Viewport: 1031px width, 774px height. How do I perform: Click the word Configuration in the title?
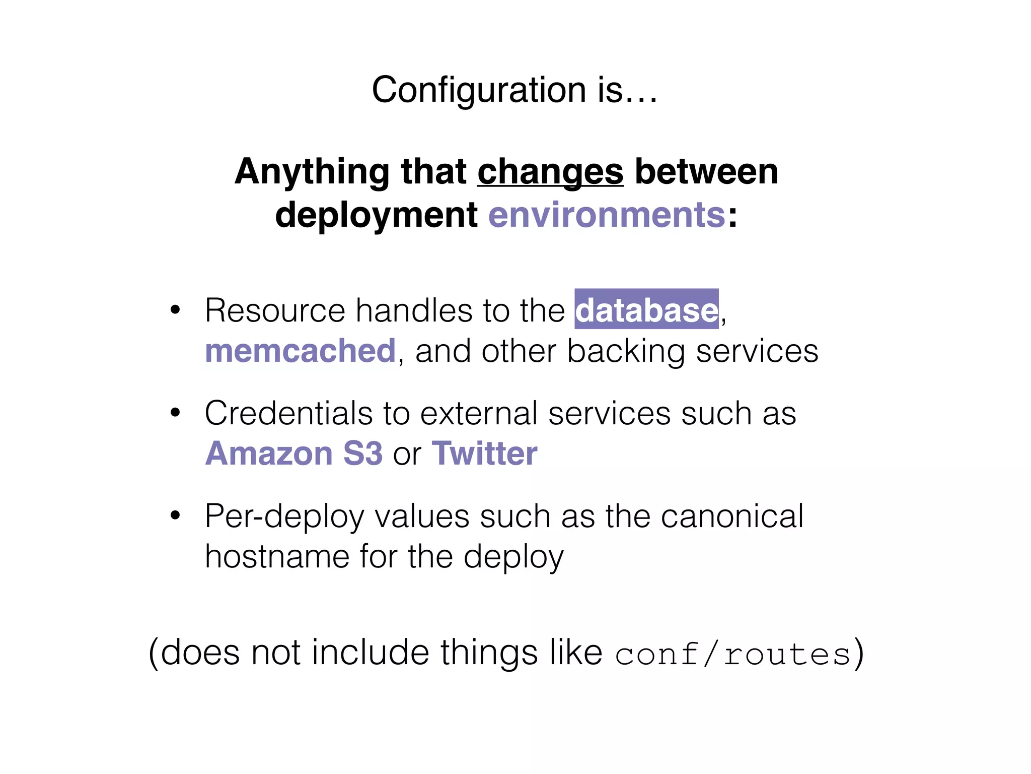[x=478, y=90]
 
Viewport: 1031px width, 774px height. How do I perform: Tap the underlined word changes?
[x=550, y=172]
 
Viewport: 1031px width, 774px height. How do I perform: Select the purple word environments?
[x=607, y=215]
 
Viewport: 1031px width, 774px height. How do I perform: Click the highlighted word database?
[x=646, y=310]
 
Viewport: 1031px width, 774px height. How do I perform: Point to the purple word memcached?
[x=300, y=351]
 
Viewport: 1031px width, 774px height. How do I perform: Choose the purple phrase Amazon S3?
[x=294, y=454]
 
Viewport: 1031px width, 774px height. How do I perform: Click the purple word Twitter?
[x=484, y=454]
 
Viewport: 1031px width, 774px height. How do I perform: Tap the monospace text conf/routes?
[x=733, y=655]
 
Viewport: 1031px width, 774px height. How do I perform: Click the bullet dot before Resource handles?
[x=175, y=309]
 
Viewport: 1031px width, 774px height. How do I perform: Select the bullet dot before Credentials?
[x=175, y=413]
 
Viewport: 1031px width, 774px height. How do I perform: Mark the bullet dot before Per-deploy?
[x=175, y=515]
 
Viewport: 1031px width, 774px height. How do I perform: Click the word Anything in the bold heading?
[x=312, y=172]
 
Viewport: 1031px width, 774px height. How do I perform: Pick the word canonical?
[x=732, y=516]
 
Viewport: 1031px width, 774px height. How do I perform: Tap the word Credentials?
[x=288, y=413]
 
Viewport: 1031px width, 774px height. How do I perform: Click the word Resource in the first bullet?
[x=275, y=310]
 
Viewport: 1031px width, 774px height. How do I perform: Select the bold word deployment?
[x=376, y=215]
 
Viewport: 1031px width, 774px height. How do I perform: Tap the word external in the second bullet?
[x=479, y=413]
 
